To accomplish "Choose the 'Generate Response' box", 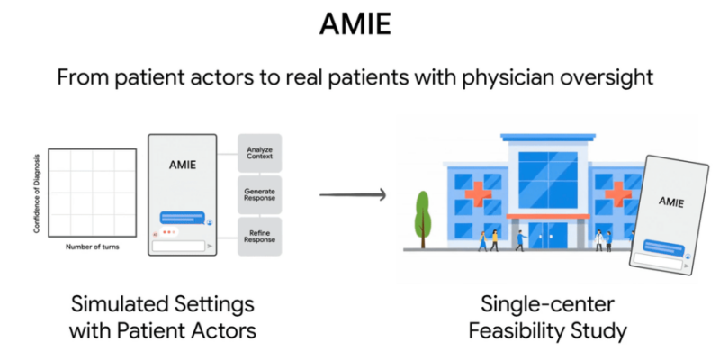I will [x=259, y=195].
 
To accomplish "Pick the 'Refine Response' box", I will [x=259, y=236].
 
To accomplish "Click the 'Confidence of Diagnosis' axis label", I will [x=38, y=193].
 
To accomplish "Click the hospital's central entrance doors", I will [x=547, y=235].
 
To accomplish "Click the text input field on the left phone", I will [x=178, y=245].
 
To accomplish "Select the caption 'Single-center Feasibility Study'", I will [x=547, y=316].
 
